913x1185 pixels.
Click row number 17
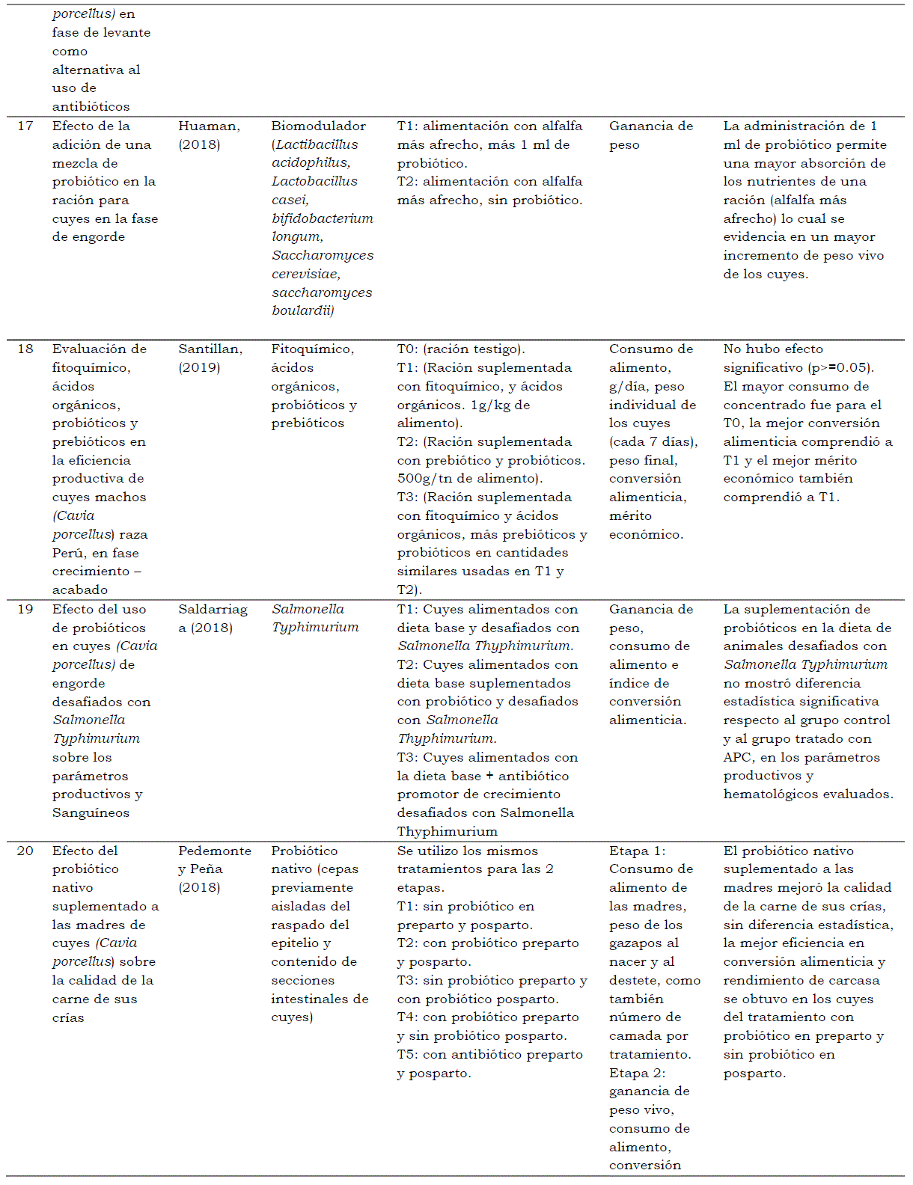[x=25, y=126]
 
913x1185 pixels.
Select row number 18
[x=25, y=349]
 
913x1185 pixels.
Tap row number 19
[x=25, y=609]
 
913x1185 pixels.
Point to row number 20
[x=25, y=851]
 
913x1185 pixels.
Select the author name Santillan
[x=210, y=349]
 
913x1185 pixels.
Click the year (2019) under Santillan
[x=199, y=367]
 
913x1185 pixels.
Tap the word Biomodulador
[x=318, y=126]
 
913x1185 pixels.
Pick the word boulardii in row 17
[x=302, y=310]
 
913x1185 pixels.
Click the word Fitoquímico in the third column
[x=312, y=349]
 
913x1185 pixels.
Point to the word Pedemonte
[x=214, y=851]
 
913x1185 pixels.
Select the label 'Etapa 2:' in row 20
[x=637, y=1073]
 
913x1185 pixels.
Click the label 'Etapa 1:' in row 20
[x=637, y=851]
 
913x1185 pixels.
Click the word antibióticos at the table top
[x=91, y=106]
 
